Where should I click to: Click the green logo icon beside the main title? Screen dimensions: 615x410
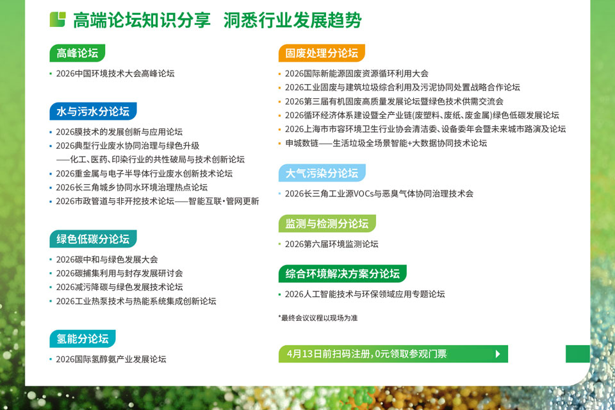pos(58,20)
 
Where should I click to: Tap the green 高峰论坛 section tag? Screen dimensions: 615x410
pos(78,53)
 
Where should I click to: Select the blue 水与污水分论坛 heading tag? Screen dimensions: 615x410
pos(93,111)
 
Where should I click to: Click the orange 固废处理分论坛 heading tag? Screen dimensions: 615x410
pos(322,53)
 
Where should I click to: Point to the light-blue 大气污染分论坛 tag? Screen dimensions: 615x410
pos(322,173)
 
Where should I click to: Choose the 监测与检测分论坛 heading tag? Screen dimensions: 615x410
pos(327,223)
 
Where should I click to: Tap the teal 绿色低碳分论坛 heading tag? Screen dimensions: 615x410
pos(93,239)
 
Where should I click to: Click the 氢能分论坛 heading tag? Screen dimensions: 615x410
pos(83,339)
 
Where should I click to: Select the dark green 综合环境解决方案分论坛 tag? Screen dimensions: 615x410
pos(342,274)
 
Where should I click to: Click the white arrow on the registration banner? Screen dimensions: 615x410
pos(498,354)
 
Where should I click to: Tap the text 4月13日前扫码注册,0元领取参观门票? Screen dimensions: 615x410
pos(366,354)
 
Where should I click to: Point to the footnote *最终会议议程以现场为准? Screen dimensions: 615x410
pos(318,318)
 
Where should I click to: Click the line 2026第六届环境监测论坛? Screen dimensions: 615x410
pos(331,244)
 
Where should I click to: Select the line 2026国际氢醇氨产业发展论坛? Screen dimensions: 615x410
pos(111,359)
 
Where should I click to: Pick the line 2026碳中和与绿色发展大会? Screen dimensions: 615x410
pos(107,259)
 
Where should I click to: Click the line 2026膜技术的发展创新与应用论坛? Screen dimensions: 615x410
pos(119,132)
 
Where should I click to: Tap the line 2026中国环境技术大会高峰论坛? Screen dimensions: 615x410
pos(115,73)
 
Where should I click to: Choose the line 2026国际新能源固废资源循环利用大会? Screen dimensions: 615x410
pos(357,73)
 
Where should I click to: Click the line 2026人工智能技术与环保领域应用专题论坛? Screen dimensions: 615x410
pos(365,294)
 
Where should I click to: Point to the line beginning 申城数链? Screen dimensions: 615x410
pos(386,143)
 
